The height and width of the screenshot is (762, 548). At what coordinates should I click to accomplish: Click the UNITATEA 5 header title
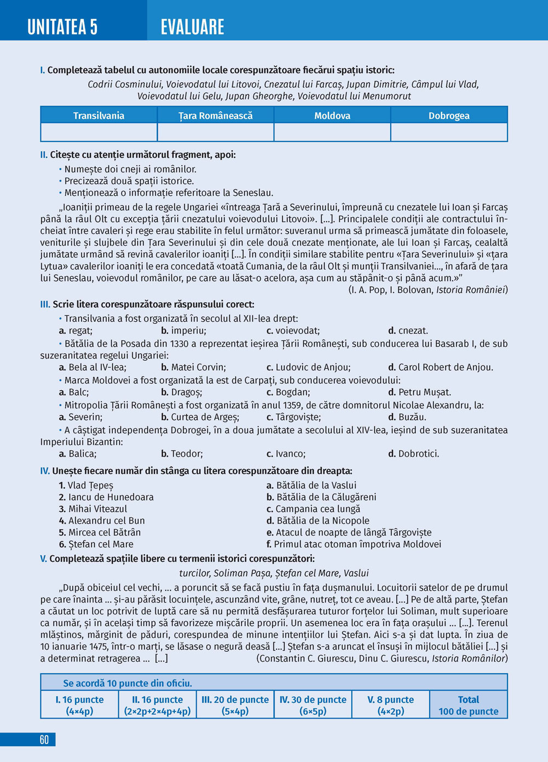[x=62, y=27]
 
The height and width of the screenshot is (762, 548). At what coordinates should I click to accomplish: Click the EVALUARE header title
[x=192, y=27]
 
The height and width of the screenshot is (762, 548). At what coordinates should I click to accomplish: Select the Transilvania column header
[x=99, y=116]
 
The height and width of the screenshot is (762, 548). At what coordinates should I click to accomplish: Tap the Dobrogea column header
[x=449, y=116]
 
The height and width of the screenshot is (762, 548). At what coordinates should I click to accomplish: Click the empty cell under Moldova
[x=332, y=132]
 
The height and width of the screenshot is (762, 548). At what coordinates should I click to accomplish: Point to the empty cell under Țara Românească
[x=215, y=132]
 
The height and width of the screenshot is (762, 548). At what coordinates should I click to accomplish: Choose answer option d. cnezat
[x=408, y=331]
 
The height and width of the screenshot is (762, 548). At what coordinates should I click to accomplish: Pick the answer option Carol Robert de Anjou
[x=440, y=367]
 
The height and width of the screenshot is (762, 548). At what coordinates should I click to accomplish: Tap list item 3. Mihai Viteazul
[x=93, y=509]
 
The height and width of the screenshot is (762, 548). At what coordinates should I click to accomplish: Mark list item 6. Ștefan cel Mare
[x=96, y=544]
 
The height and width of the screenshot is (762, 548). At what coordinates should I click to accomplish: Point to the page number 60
[x=44, y=740]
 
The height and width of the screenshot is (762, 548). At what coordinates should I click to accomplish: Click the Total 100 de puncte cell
[x=469, y=706]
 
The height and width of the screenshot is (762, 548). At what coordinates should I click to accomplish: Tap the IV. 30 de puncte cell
[x=313, y=706]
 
